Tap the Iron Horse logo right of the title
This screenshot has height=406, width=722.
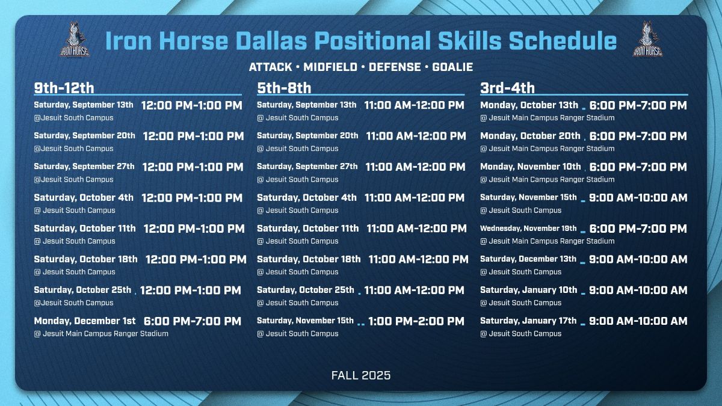click(647, 40)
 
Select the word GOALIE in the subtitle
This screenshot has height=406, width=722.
click(452, 67)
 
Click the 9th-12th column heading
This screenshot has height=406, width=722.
click(64, 88)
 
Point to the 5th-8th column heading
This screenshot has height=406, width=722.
click(284, 88)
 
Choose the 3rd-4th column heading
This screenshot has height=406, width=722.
click(507, 88)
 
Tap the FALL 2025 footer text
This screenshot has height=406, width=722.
click(361, 375)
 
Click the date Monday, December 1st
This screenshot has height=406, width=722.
click(85, 321)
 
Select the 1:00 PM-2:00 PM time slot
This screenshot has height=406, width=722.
click(416, 321)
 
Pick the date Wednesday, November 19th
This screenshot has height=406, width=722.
click(528, 229)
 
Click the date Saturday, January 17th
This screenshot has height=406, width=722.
click(528, 321)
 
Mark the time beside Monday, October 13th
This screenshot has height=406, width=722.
click(638, 105)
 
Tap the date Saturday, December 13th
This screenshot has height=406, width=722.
click(528, 259)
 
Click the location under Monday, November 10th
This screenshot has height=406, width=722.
click(548, 179)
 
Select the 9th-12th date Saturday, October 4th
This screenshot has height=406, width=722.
click(84, 197)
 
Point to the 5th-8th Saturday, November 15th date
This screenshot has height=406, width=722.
click(305, 321)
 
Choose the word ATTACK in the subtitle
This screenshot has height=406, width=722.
click(271, 67)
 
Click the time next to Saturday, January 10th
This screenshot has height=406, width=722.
click(638, 290)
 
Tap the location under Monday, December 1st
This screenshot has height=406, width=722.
click(101, 333)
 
